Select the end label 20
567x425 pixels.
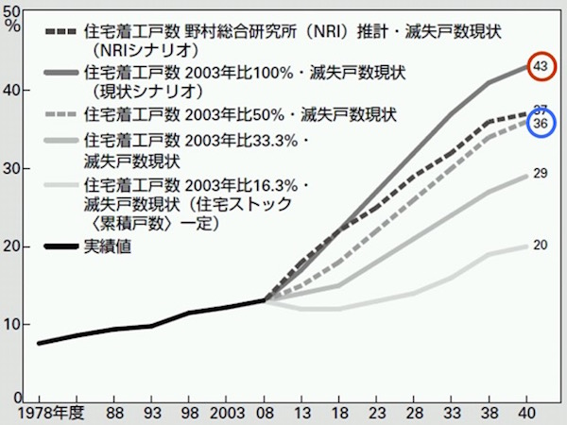coord(541,246)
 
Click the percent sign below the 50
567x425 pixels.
coord(12,25)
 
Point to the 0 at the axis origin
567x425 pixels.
coord(20,398)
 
